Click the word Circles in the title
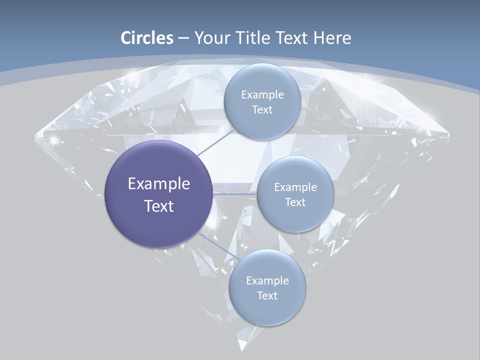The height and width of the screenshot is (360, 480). pos(147,38)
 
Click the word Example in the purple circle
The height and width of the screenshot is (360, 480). pos(159,184)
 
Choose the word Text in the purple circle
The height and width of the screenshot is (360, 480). pos(159,206)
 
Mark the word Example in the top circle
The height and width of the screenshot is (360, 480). pos(262,95)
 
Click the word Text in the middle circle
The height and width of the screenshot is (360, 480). pos(295,202)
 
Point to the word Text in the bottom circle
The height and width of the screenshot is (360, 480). pos(267,296)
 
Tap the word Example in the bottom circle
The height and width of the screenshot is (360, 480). pos(267,281)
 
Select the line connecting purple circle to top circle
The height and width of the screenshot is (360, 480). pos(215,143)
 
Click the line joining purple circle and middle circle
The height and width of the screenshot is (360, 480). pos(234,193)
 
